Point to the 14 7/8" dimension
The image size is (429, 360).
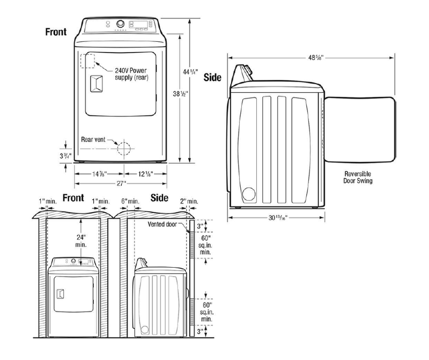point(99,173)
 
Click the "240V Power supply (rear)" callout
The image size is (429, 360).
point(131,74)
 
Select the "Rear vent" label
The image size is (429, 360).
point(93,139)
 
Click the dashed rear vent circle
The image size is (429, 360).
point(124,148)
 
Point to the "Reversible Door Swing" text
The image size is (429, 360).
point(359,178)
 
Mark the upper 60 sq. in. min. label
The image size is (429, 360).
point(206,244)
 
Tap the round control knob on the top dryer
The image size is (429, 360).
point(120,25)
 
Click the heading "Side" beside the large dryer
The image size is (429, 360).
point(213,77)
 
